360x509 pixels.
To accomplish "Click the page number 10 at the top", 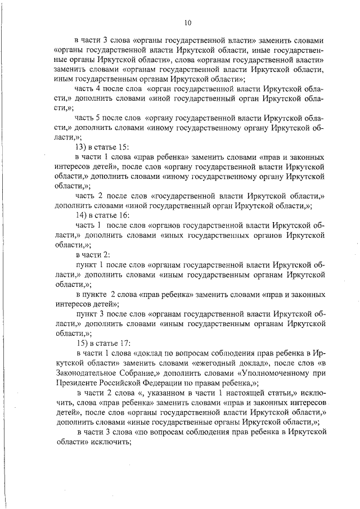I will [188, 22].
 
